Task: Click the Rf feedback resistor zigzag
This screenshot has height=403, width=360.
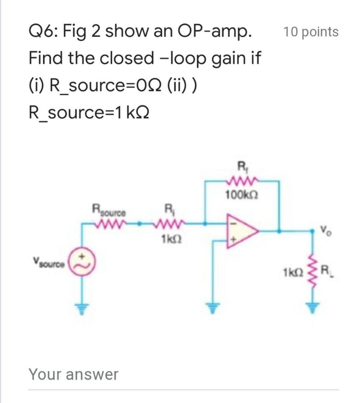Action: (x=240, y=181)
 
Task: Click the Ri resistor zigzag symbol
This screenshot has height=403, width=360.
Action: (x=168, y=224)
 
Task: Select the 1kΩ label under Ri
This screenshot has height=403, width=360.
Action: (x=169, y=239)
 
